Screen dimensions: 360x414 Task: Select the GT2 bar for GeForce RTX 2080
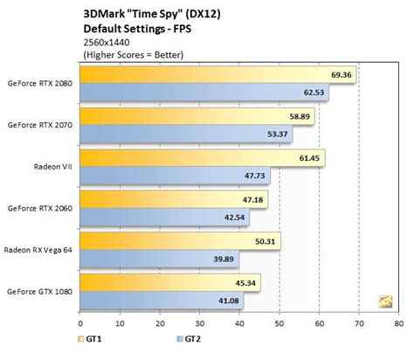tap(204, 92)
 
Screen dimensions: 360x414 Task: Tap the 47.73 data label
tap(255, 176)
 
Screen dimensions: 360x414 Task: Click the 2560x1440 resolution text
tap(105, 40)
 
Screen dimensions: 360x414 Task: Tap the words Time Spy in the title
tap(149, 11)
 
